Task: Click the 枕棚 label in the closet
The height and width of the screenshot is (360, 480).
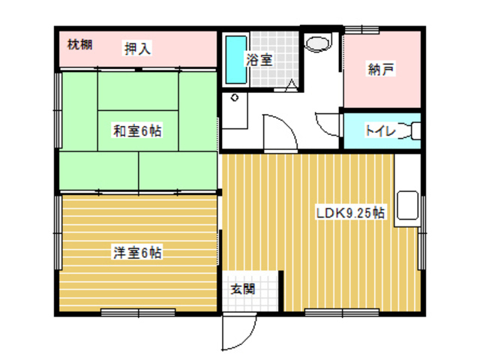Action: tap(79, 45)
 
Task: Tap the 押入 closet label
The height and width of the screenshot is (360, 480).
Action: tap(137, 48)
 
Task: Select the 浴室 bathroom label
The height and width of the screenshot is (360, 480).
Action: tap(259, 59)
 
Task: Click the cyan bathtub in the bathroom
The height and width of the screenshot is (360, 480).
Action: tap(236, 60)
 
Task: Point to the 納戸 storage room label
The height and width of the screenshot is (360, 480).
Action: tap(380, 69)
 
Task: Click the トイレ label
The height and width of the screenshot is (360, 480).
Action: tap(380, 131)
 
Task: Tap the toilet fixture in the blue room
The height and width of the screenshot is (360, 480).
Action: tap(412, 131)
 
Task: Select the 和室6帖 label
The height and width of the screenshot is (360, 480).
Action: tap(137, 131)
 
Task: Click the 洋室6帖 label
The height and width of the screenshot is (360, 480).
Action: tap(137, 253)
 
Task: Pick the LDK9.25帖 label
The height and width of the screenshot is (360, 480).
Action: tap(350, 212)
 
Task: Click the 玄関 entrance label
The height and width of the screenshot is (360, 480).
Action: tap(243, 289)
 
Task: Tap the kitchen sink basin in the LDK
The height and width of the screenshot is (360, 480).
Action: tap(407, 205)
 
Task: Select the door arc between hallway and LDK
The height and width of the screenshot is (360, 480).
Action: tap(289, 125)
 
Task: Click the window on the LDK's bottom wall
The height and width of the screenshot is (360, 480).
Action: tap(342, 312)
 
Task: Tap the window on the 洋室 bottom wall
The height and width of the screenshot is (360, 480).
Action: tap(138, 312)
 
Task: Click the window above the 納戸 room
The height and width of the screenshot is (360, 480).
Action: tap(362, 29)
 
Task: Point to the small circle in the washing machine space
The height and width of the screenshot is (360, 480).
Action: tap(235, 98)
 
